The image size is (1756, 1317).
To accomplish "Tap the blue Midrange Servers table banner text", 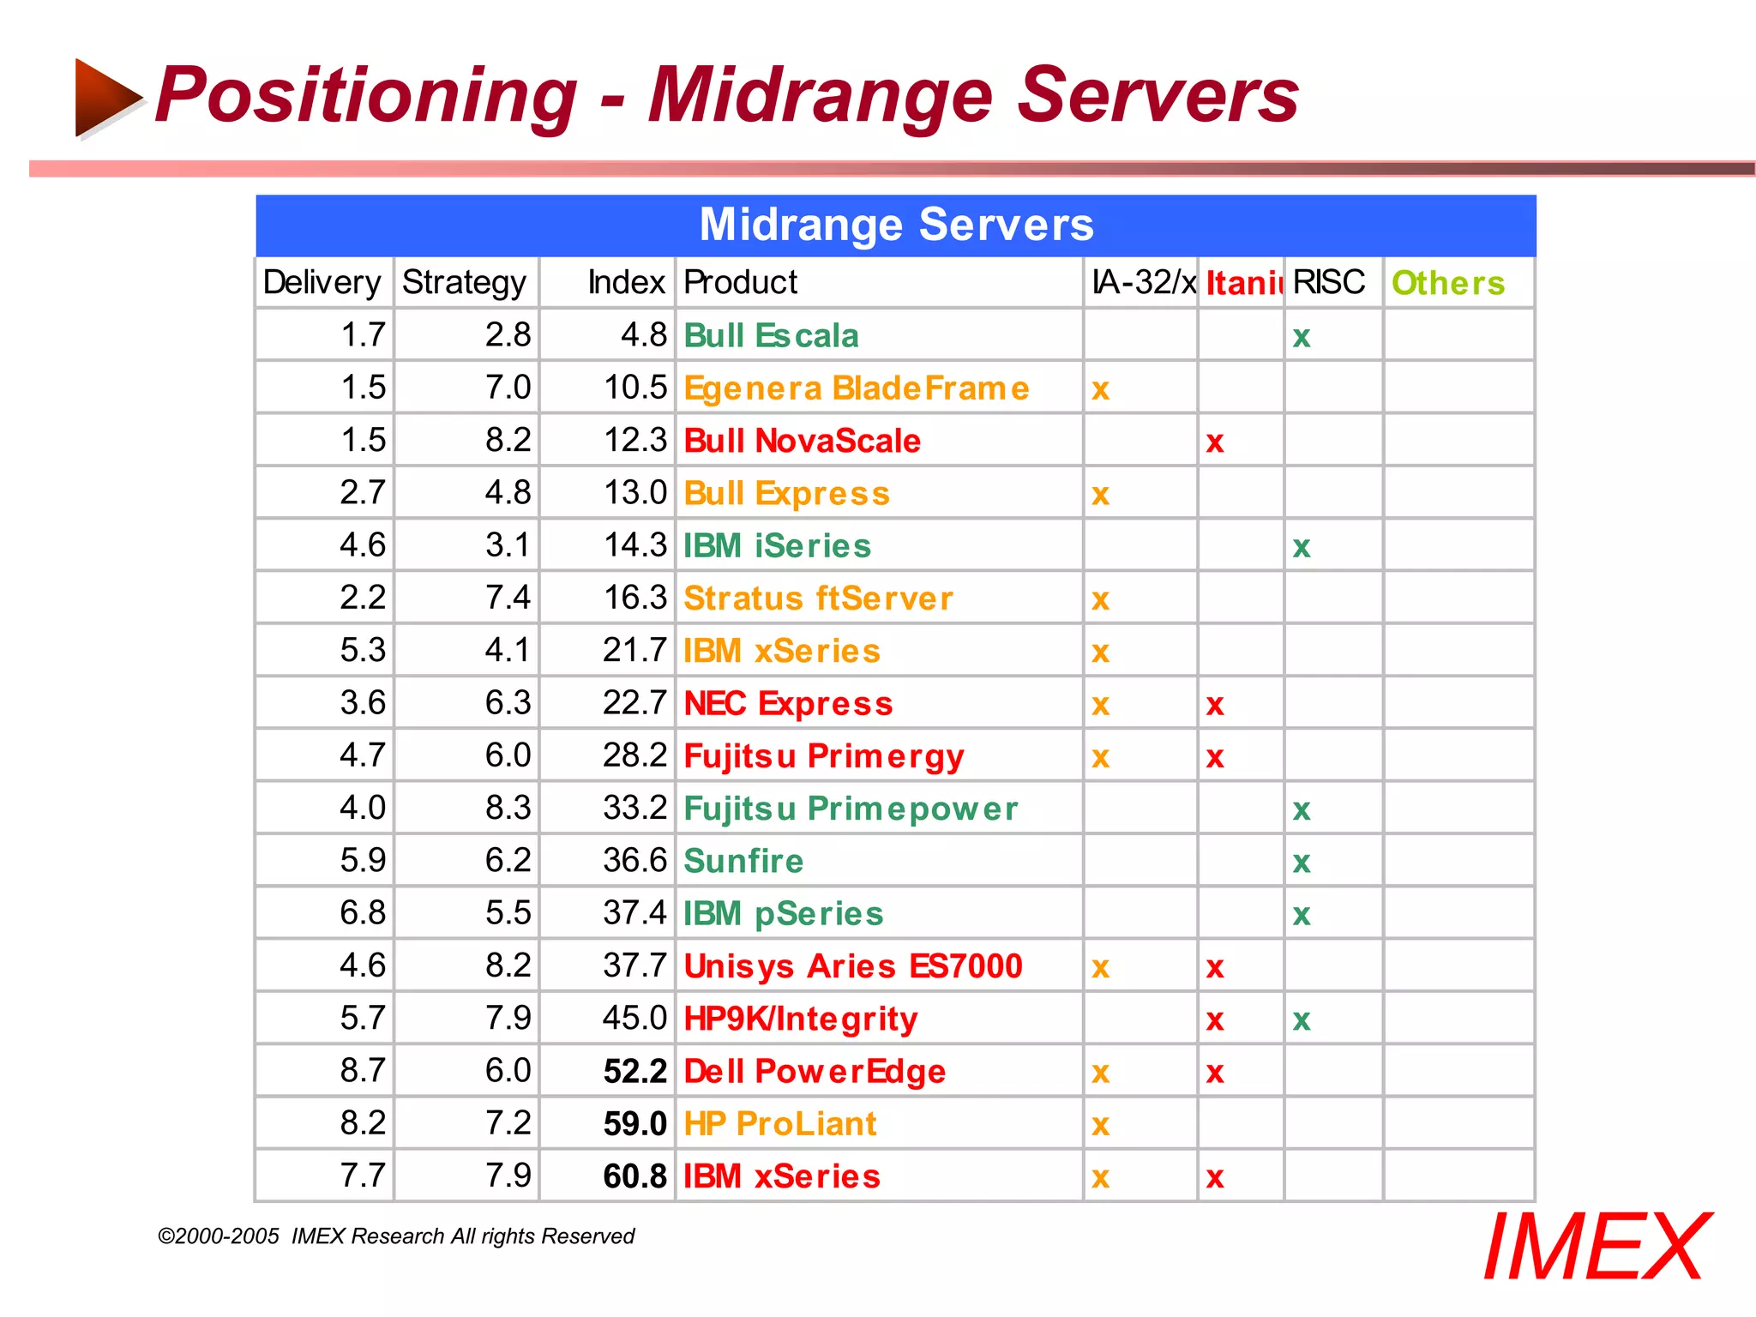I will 896,225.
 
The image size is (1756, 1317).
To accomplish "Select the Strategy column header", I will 464,283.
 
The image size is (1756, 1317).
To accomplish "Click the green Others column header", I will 1447,283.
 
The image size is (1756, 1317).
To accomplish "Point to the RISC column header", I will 1328,283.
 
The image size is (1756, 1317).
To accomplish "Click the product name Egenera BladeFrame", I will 856,388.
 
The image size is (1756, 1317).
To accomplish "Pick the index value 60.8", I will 634,1176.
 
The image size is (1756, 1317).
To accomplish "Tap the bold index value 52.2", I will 634,1072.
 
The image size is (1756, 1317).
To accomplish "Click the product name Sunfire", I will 743,861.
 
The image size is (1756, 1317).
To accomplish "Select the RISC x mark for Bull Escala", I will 1302,337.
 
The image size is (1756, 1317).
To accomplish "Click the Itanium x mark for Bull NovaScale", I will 1214,442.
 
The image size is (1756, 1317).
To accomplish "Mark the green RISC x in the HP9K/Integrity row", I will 1302,1020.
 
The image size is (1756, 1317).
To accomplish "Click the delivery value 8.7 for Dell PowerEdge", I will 363,1071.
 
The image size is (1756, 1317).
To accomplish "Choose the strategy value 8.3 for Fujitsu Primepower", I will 508,808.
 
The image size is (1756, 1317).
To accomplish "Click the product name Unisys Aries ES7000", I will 852,966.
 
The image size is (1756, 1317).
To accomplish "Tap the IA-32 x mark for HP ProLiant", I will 1100,1125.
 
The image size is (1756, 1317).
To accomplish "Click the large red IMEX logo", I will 1596,1248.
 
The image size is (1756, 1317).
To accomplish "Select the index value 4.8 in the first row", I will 643,335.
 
